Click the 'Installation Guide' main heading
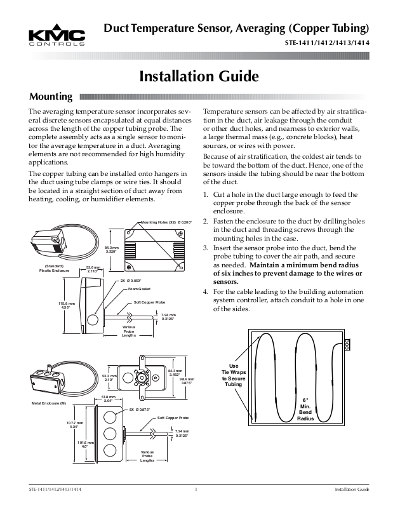[199, 76]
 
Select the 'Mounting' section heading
[51, 97]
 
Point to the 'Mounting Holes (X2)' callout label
[165, 222]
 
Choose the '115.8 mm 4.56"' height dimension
[63, 305]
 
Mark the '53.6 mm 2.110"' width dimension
[94, 270]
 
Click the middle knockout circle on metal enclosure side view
[109, 435]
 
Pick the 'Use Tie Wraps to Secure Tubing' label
[234, 375]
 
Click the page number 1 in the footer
[197, 491]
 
